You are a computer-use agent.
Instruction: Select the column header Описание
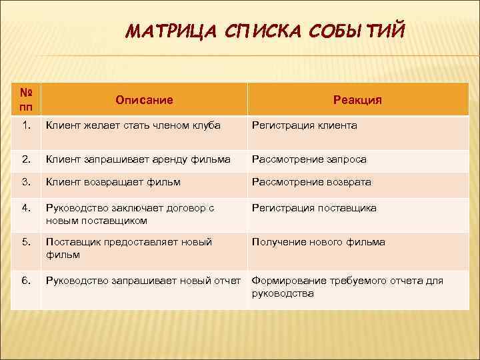click(x=144, y=100)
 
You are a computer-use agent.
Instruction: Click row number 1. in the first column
click(x=25, y=125)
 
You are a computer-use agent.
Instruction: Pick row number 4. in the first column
click(x=25, y=208)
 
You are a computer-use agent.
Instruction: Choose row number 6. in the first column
click(x=25, y=281)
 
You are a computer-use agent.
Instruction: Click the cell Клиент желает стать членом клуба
click(x=133, y=125)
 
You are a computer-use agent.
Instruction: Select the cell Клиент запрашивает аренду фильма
click(x=138, y=159)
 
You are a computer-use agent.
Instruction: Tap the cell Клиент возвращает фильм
click(x=113, y=182)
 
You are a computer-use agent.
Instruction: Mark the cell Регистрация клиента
click(x=304, y=125)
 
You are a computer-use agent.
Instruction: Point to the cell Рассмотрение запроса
click(x=309, y=159)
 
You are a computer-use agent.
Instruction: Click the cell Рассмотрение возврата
click(x=311, y=182)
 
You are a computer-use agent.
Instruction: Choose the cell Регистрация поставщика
click(x=314, y=208)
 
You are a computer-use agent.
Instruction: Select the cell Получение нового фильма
click(x=318, y=242)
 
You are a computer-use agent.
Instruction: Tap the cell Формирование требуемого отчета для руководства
click(x=347, y=287)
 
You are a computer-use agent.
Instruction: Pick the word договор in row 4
click(x=180, y=208)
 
